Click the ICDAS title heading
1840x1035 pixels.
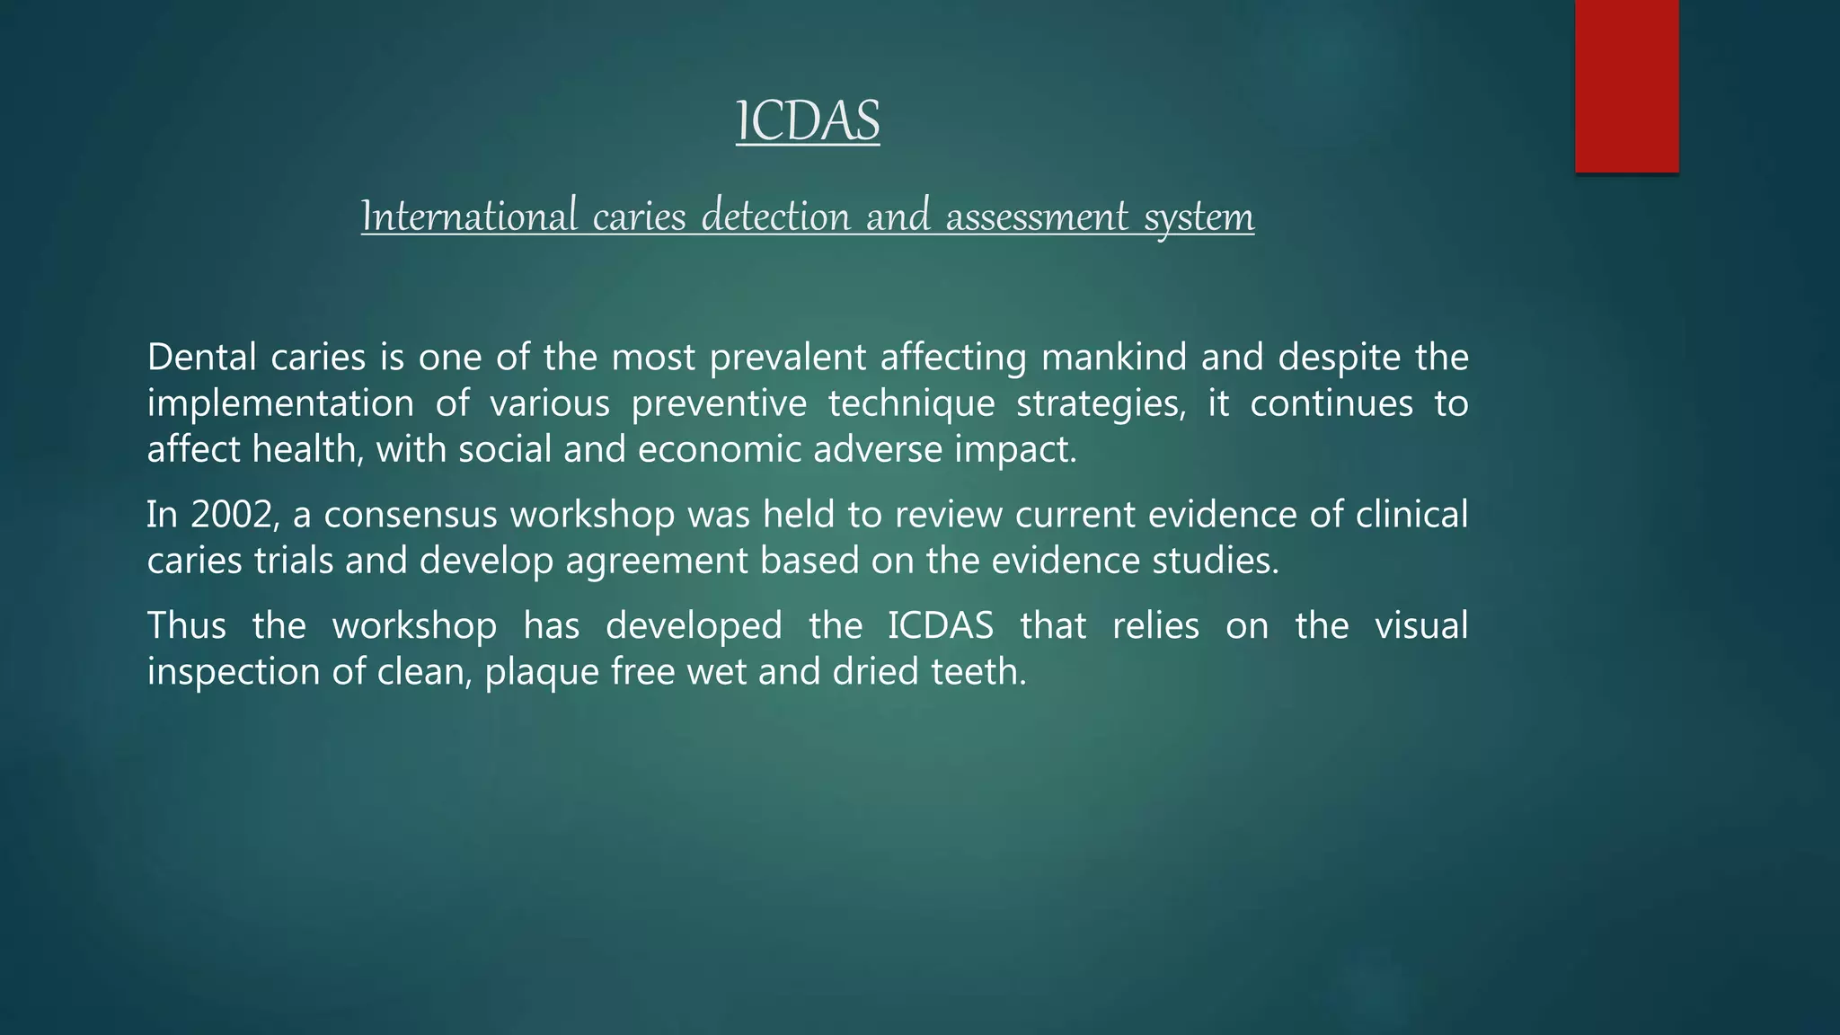(x=808, y=121)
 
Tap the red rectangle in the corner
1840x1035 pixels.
(x=1626, y=85)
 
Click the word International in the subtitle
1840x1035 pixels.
(x=468, y=217)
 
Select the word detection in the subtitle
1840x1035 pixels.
(x=774, y=217)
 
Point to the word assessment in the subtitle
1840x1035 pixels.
(x=1037, y=217)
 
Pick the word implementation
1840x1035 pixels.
(x=280, y=404)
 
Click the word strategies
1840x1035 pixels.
(x=1101, y=404)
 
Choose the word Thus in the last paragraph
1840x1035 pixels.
(x=186, y=625)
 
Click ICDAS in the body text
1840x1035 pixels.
(x=941, y=625)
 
